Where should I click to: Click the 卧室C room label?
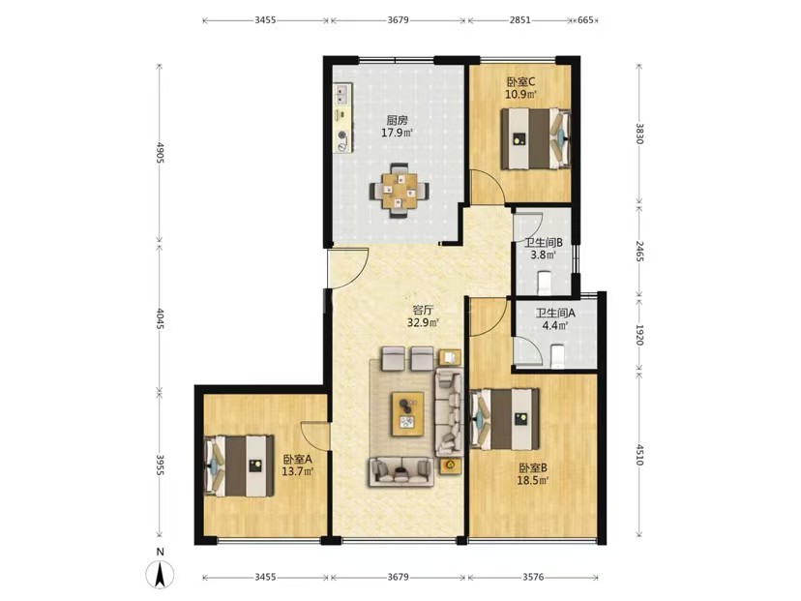[520, 81]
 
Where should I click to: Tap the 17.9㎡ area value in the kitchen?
[397, 134]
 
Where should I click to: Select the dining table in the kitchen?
[400, 191]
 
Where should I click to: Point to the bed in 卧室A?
[239, 466]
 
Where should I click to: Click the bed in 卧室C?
[535, 138]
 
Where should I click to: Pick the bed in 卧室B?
[505, 419]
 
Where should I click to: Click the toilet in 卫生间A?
[557, 356]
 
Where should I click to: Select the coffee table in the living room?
[407, 414]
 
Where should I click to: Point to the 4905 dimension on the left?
[160, 153]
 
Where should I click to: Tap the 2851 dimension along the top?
[519, 20]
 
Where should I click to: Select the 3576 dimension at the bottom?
[533, 577]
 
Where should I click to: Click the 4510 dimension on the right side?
[639, 455]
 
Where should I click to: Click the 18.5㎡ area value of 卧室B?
[533, 480]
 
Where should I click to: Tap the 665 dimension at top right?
[585, 20]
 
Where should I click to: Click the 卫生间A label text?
[555, 313]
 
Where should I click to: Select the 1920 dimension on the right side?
[639, 334]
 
